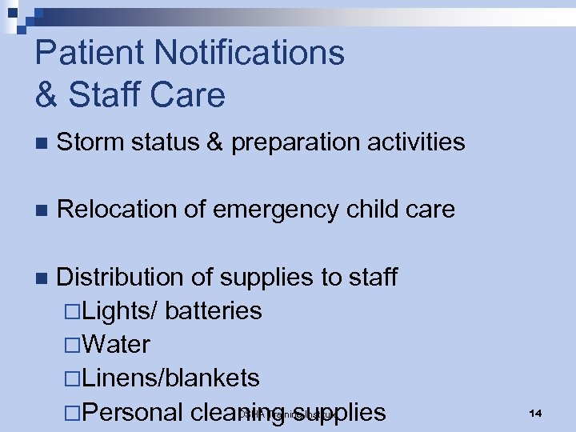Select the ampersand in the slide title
point(46,94)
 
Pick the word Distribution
point(122,277)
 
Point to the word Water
point(115,345)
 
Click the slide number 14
point(535,413)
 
